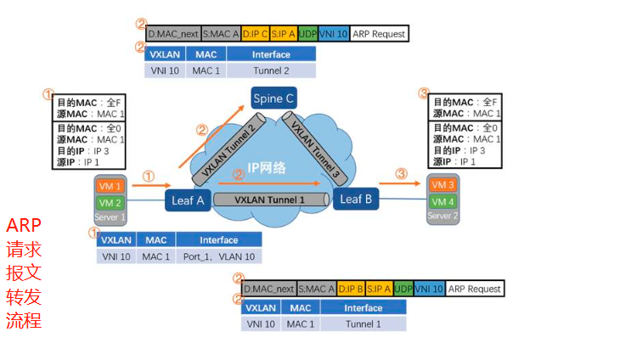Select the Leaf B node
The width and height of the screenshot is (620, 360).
(355, 199)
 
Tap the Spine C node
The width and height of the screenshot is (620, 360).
(273, 99)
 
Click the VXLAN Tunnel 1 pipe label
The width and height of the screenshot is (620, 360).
(270, 200)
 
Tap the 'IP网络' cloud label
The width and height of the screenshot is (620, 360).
(266, 168)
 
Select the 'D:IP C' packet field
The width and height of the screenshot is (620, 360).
(256, 34)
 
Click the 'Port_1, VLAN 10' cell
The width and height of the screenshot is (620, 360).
(219, 256)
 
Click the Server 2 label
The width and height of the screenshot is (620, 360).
(442, 216)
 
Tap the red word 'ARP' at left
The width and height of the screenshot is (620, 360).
(24, 226)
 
